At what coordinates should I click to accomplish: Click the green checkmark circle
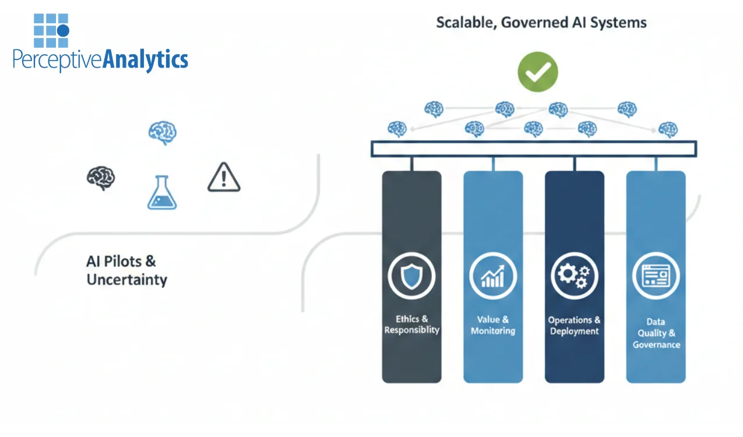point(537,72)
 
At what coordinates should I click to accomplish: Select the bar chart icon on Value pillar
point(493,275)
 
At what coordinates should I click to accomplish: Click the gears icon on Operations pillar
point(575,275)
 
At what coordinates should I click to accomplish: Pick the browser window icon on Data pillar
point(656,275)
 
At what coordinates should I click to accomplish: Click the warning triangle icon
point(224,177)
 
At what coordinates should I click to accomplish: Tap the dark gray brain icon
point(101,177)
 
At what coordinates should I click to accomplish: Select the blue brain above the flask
point(162,132)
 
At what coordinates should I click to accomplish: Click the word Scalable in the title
point(462,23)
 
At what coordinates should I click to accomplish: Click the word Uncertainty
point(126,280)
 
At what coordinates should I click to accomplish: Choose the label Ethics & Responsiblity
point(411,325)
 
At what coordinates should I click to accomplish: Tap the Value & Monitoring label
point(493,325)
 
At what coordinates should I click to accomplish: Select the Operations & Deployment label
point(575,325)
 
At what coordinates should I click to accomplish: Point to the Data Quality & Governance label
point(656,333)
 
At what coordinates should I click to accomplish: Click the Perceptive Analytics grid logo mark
point(51,30)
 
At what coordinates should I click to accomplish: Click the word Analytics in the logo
point(145,60)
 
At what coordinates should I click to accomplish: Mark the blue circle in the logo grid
point(63,30)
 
